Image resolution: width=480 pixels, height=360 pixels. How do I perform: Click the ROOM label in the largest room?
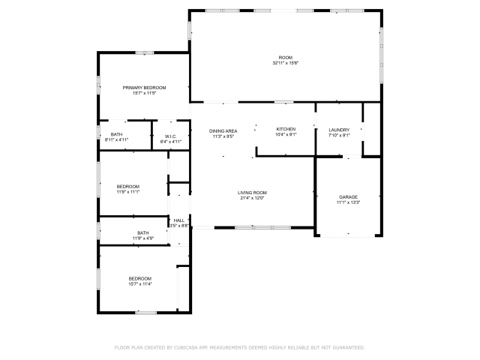pos(285,58)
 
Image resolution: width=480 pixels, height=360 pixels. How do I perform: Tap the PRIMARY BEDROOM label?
pos(144,88)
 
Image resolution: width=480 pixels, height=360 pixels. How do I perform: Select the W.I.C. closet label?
pos(171,136)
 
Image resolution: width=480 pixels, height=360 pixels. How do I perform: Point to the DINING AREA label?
pos(223,130)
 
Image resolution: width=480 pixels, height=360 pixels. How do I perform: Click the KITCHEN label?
pos(286,129)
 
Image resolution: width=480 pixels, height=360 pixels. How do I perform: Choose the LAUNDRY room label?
pos(339,130)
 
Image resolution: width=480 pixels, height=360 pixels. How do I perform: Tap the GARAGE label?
pos(348,196)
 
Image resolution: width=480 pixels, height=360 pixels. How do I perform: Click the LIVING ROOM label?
pos(253,193)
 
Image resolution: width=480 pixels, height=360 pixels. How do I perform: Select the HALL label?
pos(178,220)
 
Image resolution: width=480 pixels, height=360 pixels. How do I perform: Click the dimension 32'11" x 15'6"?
pos(285,63)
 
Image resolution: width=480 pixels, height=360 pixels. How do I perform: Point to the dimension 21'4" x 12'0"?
pos(253,198)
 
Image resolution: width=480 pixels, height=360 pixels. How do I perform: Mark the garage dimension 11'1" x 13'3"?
pos(348,202)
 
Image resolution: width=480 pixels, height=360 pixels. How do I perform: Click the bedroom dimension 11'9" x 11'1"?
pos(127,191)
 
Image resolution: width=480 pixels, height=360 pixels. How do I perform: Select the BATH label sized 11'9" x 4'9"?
pos(142,232)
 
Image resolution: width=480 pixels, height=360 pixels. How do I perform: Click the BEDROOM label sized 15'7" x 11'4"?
pos(139,278)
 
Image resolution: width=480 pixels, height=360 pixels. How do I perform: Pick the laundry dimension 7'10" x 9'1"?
pos(339,135)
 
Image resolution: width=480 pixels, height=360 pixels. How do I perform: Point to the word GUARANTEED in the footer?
pos(347,347)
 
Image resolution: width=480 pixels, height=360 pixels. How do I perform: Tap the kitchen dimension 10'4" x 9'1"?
pos(286,134)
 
